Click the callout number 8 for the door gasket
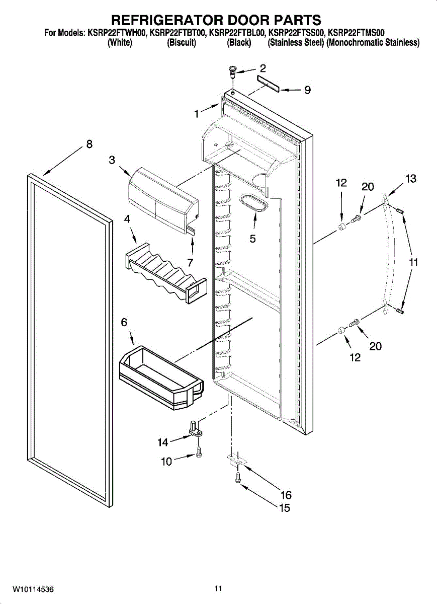pyautogui.click(x=89, y=144)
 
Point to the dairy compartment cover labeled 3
pyautogui.click(x=161, y=201)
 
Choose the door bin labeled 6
pyautogui.click(x=161, y=373)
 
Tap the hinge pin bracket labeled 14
pyautogui.click(x=196, y=429)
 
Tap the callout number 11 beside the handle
pyautogui.click(x=413, y=262)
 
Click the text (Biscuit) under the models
pyautogui.click(x=181, y=43)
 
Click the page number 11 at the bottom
pyautogui.click(x=218, y=588)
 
